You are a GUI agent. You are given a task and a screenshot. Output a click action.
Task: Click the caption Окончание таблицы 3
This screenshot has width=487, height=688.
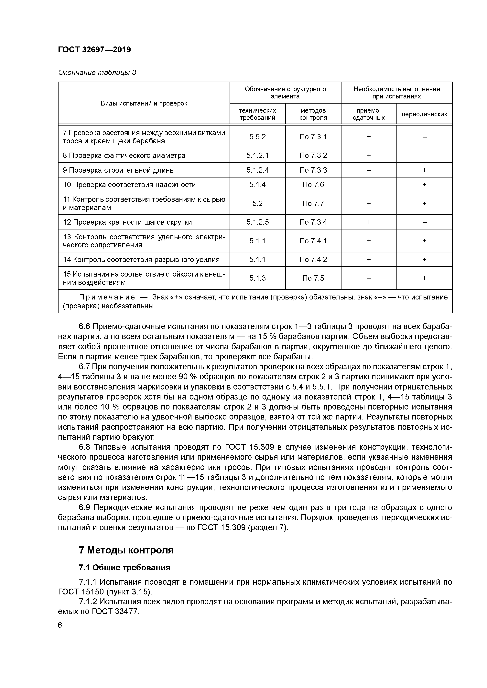pyautogui.click(x=97, y=73)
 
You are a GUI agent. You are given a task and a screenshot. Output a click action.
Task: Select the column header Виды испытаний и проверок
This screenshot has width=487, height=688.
pyautogui.click(x=144, y=103)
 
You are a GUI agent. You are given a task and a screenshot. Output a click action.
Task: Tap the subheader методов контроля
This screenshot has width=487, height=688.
pyautogui.click(x=313, y=114)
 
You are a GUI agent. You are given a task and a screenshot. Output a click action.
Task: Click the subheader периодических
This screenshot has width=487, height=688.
pyautogui.click(x=424, y=114)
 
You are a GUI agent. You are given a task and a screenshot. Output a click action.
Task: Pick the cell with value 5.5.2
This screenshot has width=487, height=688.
pyautogui.click(x=257, y=137)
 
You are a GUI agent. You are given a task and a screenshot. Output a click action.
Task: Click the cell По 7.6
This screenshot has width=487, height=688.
pyautogui.click(x=313, y=185)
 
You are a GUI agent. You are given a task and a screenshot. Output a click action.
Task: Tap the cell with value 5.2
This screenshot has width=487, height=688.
pyautogui.click(x=257, y=203)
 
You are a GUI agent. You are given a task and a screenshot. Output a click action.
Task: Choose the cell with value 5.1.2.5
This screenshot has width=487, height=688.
pyautogui.click(x=257, y=222)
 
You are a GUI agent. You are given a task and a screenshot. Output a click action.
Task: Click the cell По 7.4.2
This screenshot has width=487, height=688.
pyautogui.click(x=313, y=259)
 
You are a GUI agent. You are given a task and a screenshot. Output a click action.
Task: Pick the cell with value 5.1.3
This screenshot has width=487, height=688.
pyautogui.click(x=257, y=278)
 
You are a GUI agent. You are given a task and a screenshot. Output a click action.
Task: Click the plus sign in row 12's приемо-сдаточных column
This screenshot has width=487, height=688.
pyautogui.click(x=369, y=222)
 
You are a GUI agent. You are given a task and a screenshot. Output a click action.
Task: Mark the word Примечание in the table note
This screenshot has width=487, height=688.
pyautogui.click(x=107, y=297)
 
